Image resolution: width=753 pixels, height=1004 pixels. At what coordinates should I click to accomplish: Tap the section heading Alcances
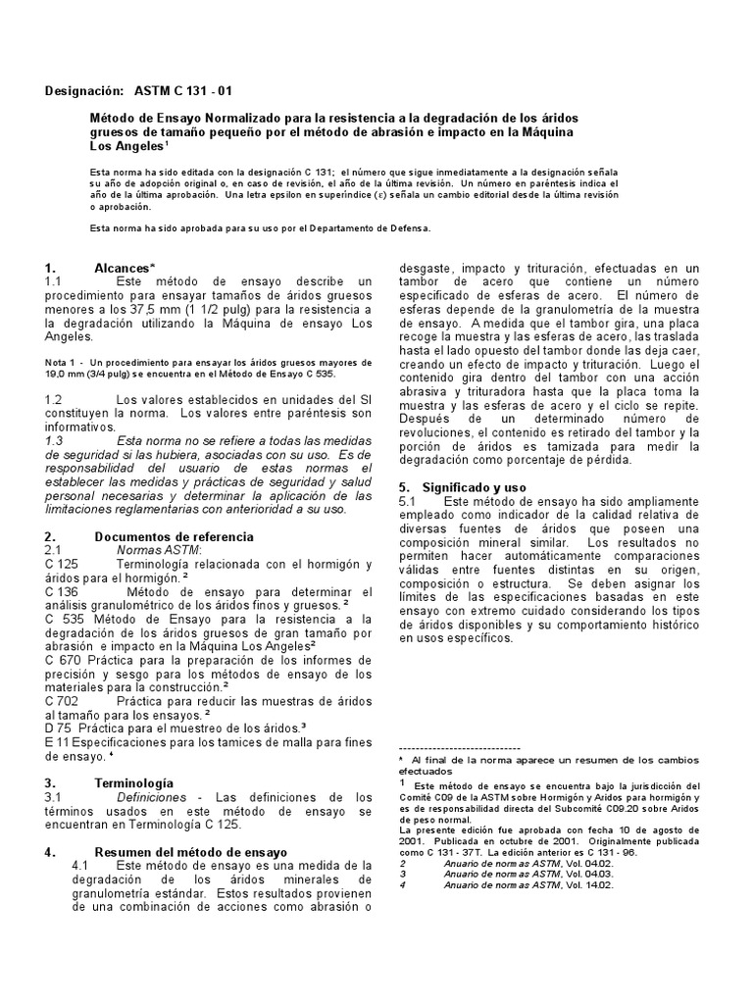pyautogui.click(x=125, y=268)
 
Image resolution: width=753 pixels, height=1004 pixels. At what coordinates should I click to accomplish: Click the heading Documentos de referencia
pyautogui.click(x=174, y=536)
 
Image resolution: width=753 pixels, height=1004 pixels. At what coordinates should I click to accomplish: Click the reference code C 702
pyautogui.click(x=61, y=702)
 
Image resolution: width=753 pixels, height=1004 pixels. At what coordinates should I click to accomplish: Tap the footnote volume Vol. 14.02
pyautogui.click(x=589, y=884)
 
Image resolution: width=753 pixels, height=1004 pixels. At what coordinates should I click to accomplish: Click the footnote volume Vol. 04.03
pyautogui.click(x=589, y=873)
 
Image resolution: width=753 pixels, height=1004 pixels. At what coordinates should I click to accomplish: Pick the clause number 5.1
pyautogui.click(x=408, y=500)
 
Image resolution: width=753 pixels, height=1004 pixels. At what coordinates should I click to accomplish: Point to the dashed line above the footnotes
pyautogui.click(x=459, y=748)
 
